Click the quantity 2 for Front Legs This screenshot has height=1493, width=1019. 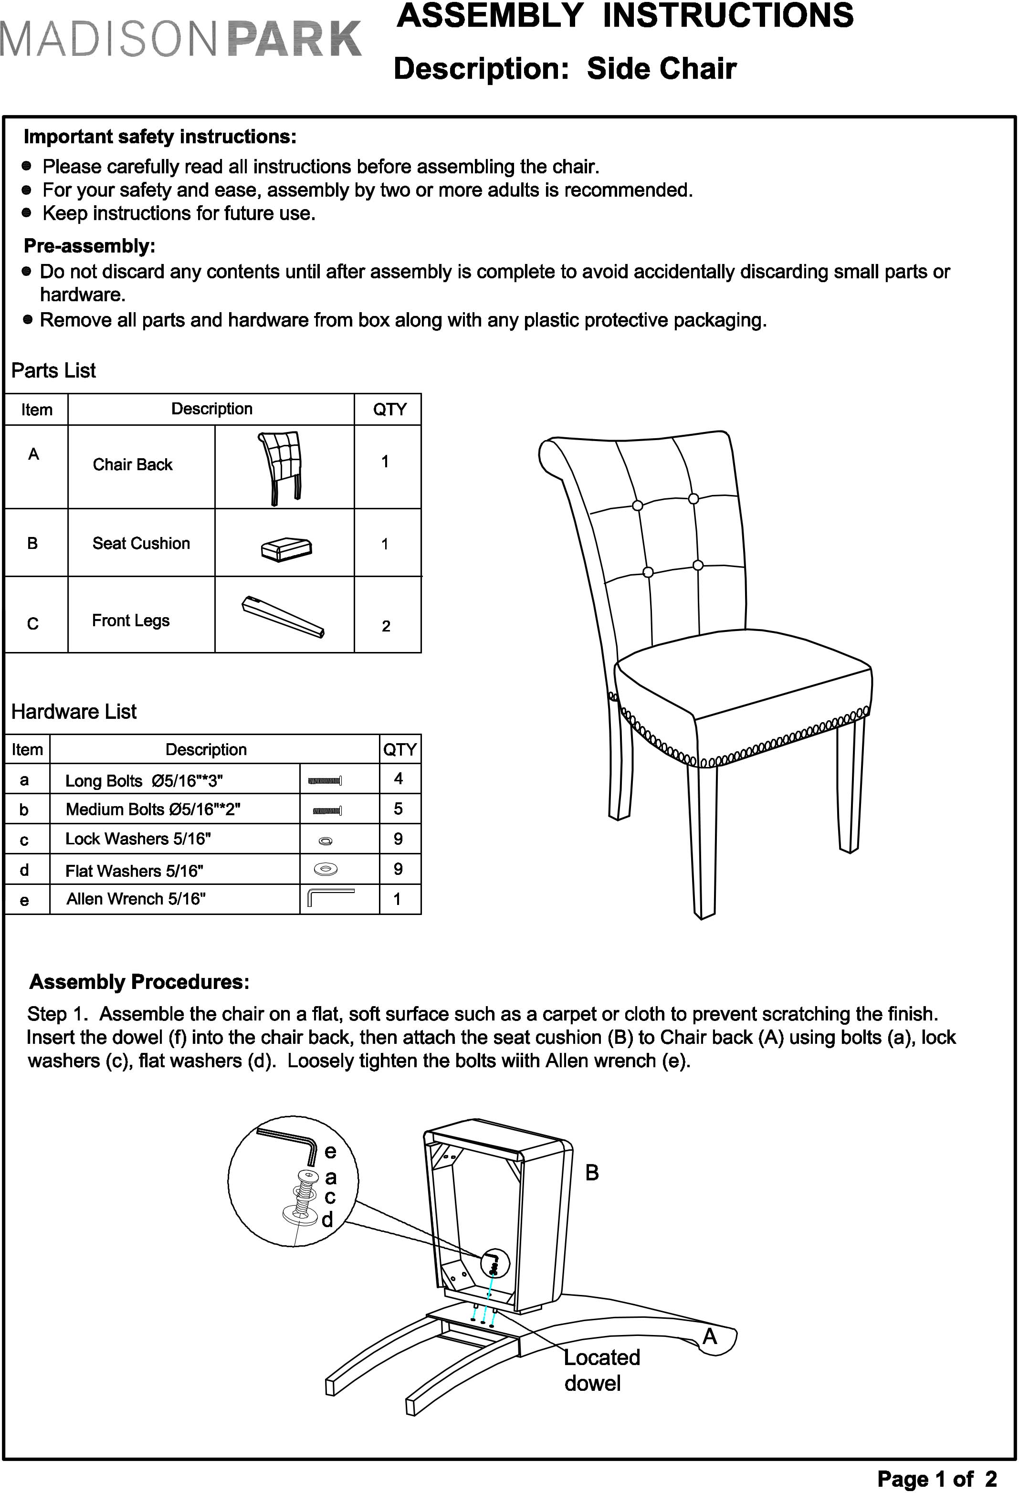[386, 626]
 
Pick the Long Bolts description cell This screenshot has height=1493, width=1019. [144, 780]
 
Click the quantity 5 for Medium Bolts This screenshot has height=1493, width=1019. [399, 809]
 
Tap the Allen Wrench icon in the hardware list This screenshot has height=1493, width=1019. [331, 897]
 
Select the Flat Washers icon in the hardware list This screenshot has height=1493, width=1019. [326, 869]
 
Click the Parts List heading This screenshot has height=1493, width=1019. [53, 371]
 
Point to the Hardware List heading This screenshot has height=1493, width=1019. [74, 712]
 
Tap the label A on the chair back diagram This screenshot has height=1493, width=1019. [709, 1336]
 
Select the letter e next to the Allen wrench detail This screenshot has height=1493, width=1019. [330, 1151]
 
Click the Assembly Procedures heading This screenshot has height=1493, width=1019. [139, 982]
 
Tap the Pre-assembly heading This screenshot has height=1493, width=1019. [89, 246]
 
